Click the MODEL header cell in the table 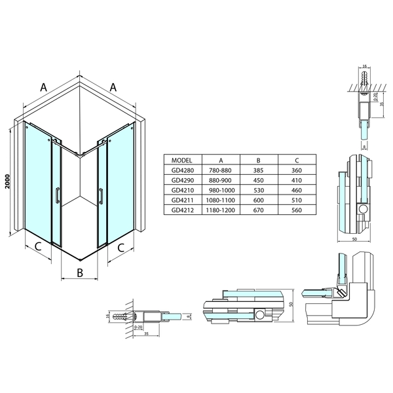pos(181,160)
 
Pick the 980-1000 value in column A pos(221,190)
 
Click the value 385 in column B pos(259,170)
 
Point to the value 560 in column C pos(297,210)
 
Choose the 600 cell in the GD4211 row pos(259,200)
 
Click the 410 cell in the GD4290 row pos(297,180)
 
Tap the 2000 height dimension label pos(7,182)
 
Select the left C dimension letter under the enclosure pos(38,247)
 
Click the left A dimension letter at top pos(45,86)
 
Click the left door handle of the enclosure pos(58,196)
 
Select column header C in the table pos(297,160)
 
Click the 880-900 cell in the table pos(221,180)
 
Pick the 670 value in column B pos(259,210)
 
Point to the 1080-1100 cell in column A pos(221,200)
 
